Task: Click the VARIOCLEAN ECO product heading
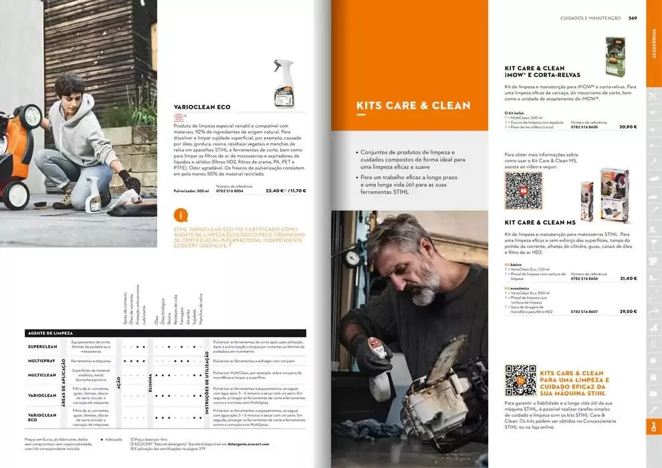click(x=202, y=106)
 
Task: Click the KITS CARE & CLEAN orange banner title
click(x=413, y=106)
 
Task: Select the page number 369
click(x=632, y=18)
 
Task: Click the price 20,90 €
click(x=627, y=126)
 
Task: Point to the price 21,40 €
click(x=628, y=278)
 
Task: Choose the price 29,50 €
click(x=628, y=312)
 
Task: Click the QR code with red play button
click(x=523, y=191)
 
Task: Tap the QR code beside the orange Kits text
click(x=520, y=380)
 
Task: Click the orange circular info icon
click(x=180, y=215)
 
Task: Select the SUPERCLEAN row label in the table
click(x=42, y=347)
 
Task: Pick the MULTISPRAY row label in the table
click(x=42, y=361)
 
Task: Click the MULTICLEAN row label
click(x=42, y=375)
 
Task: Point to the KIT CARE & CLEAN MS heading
click(x=540, y=222)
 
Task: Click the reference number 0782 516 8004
click(x=229, y=191)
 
